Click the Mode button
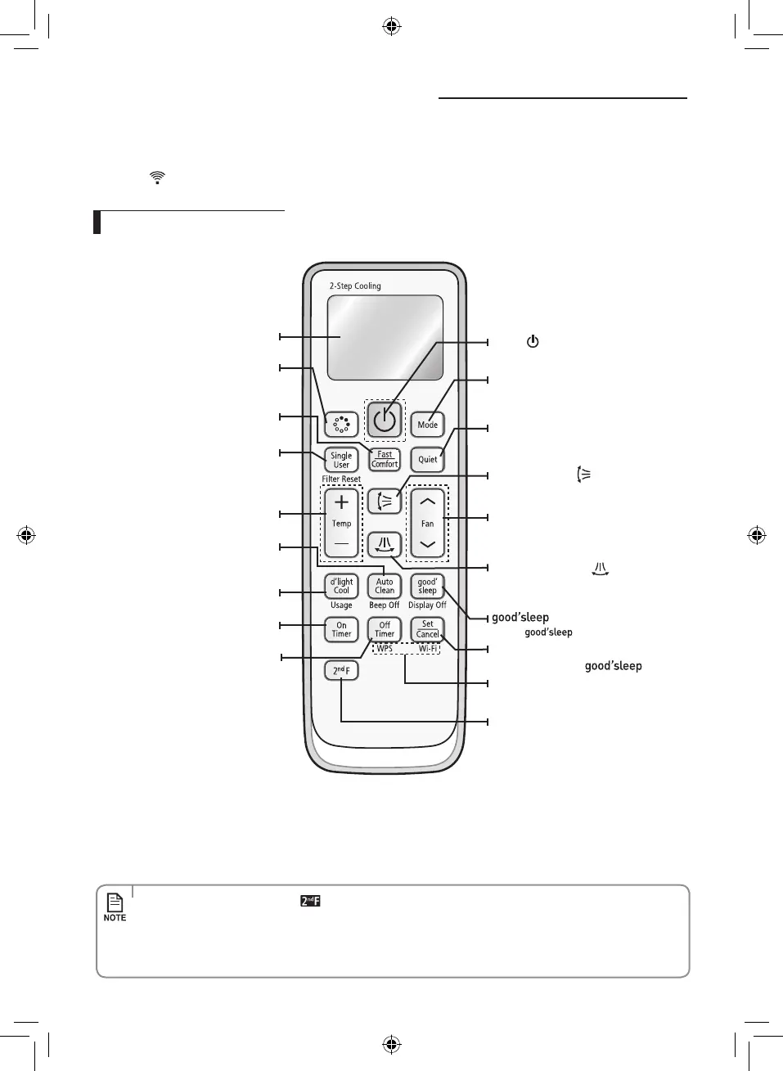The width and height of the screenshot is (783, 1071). [427, 424]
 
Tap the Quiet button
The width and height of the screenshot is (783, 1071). [427, 459]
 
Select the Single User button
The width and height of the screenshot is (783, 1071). [341, 460]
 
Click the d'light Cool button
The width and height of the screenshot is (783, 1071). [341, 586]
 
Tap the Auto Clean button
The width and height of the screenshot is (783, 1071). [385, 586]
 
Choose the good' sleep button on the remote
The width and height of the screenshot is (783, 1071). [427, 586]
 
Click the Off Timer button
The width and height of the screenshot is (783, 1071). [385, 629]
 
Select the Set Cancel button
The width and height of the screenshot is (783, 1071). [427, 628]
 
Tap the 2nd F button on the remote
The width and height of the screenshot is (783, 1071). [341, 671]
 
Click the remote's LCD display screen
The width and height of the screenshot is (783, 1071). [385, 337]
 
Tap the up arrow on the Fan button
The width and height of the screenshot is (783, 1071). [427, 502]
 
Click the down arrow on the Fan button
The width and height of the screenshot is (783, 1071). [427, 544]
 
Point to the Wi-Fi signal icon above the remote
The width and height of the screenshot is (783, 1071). [157, 177]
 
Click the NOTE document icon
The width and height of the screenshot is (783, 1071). [115, 902]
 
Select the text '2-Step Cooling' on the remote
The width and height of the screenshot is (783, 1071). [355, 286]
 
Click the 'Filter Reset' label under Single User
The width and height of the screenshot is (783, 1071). [341, 479]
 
